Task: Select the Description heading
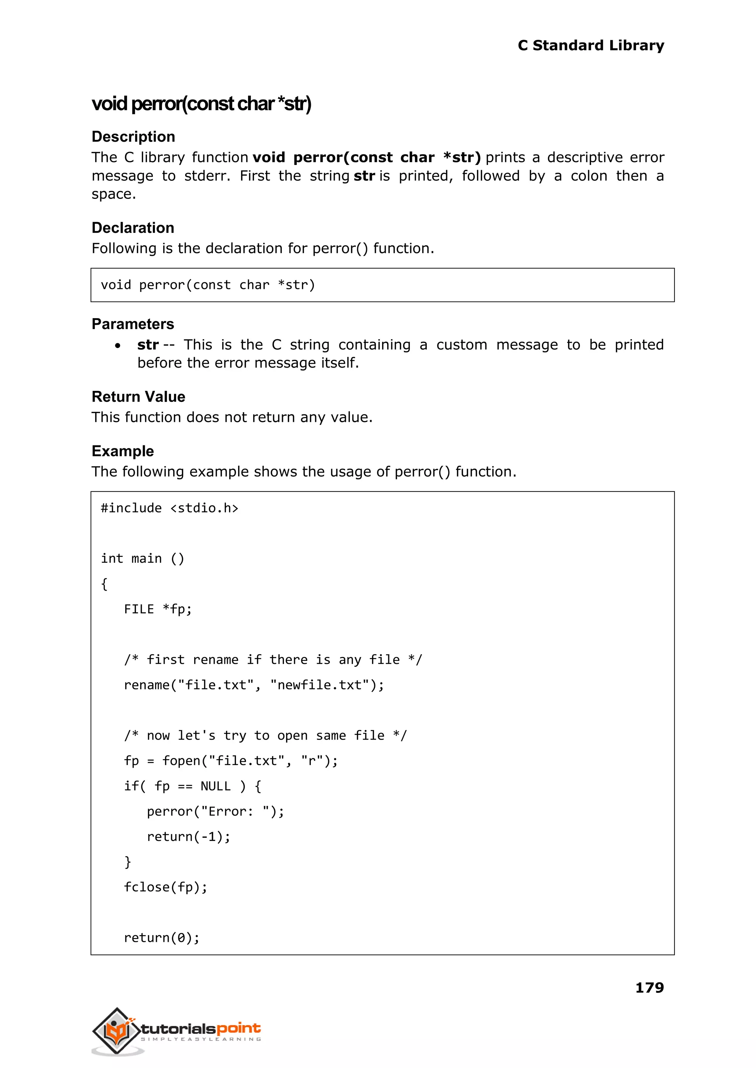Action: (133, 137)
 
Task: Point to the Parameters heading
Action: (133, 324)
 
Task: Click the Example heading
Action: (123, 451)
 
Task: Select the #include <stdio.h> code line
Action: (169, 508)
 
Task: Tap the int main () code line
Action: (142, 558)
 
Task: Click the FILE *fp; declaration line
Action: (158, 609)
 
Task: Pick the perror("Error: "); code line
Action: (215, 811)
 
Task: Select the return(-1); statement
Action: (189, 837)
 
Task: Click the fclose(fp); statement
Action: (165, 887)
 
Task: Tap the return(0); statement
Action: (162, 938)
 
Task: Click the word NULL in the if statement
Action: (216, 786)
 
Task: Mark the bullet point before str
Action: (118, 345)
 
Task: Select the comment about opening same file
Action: (265, 736)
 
